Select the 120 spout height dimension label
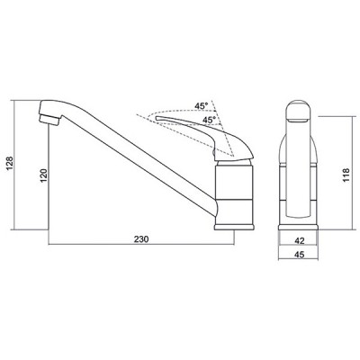tap(44, 175)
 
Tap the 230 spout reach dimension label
tap(141, 239)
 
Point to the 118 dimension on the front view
tap(346, 175)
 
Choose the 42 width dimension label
tap(300, 240)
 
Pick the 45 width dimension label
tap(300, 255)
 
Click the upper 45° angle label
tap(201, 106)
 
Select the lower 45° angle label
tap(209, 120)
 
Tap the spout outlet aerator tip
tap(49, 120)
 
